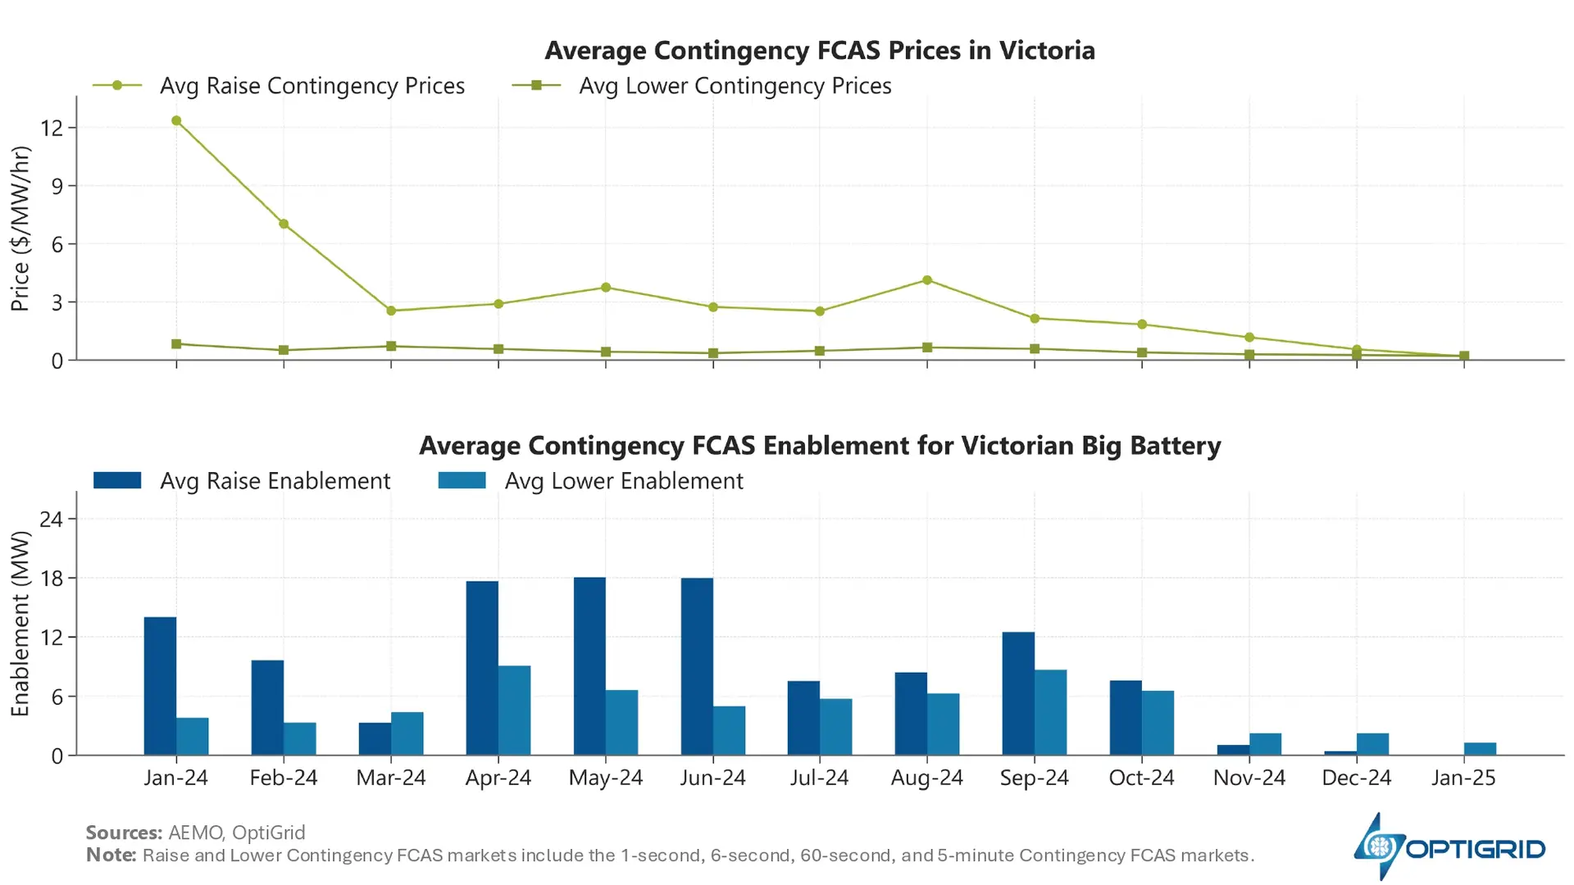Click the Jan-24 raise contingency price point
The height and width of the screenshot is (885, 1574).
[x=176, y=121]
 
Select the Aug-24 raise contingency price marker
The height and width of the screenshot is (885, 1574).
[x=927, y=280]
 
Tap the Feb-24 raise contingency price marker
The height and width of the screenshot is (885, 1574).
[x=284, y=224]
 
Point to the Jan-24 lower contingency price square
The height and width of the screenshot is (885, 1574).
[x=176, y=344]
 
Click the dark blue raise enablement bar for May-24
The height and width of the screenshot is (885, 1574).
[x=589, y=666]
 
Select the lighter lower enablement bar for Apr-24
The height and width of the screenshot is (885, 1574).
[x=514, y=710]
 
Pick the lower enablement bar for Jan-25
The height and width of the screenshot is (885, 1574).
[x=1480, y=749]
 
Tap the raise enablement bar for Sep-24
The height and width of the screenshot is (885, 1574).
[x=1018, y=693]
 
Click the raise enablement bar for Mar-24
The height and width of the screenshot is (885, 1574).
[x=375, y=738]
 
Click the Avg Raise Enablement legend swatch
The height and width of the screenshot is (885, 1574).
[x=117, y=481]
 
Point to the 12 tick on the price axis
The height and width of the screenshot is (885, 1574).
[x=52, y=128]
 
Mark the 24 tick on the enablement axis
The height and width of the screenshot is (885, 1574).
[x=52, y=519]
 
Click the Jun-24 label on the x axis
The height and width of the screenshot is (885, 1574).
[x=712, y=778]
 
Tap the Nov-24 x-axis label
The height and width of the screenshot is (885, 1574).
[x=1249, y=778]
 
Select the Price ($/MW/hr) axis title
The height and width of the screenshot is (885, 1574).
[x=20, y=229]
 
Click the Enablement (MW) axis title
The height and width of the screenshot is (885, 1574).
[x=20, y=624]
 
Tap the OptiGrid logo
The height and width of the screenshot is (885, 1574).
[x=1449, y=847]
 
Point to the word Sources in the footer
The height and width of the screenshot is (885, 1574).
[x=124, y=833]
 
